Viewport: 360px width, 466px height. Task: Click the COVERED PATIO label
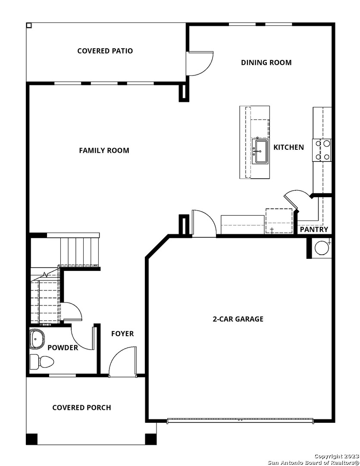105,51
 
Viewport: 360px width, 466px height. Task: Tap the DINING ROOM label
266,63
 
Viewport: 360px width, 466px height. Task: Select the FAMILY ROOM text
104,151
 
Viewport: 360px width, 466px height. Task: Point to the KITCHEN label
288,147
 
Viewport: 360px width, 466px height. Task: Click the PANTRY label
314,230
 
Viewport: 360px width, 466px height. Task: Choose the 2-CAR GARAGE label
238,319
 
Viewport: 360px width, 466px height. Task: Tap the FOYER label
122,334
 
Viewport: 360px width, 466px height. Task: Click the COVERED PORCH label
81,407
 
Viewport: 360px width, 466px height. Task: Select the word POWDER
63,347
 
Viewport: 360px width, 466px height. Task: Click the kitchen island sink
260,151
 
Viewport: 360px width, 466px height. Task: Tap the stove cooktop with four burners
322,150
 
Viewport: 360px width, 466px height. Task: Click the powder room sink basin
37,339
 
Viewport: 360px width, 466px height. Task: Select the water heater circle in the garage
322,248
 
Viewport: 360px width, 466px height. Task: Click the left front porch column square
32,439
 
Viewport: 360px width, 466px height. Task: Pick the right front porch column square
150,439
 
